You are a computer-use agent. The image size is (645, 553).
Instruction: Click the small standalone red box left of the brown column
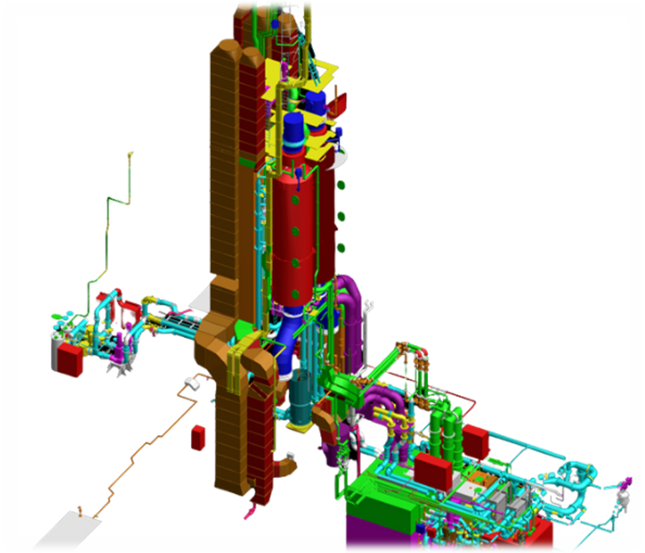[x=198, y=437]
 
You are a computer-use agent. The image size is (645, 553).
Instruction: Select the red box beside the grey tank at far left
[x=70, y=359]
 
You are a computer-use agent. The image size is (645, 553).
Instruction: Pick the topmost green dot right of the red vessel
[x=341, y=186]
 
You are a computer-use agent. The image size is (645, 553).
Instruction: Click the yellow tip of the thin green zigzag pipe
[x=130, y=154]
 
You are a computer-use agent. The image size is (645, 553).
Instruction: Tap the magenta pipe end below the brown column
[x=248, y=514]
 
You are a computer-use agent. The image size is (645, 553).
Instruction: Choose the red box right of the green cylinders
[x=476, y=441]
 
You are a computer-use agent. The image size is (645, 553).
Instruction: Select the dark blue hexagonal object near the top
[x=276, y=24]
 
